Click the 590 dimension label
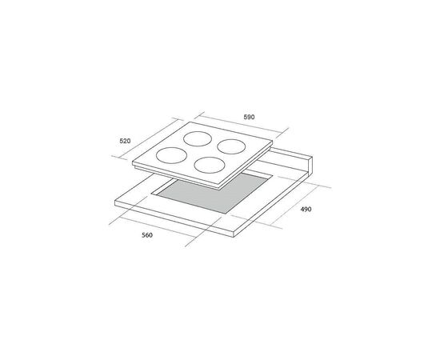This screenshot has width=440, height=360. [249, 117]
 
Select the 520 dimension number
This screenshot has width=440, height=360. [125, 141]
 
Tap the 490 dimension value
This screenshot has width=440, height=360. [306, 210]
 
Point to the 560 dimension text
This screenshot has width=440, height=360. [147, 235]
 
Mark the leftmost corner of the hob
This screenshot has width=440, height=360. [133, 162]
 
